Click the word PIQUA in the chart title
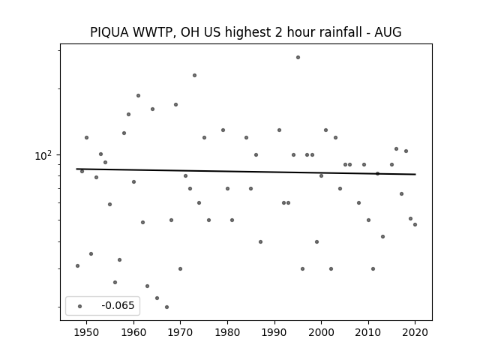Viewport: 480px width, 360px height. [109, 32]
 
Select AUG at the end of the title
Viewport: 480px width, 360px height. [388, 32]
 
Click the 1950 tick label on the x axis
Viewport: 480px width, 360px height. [87, 332]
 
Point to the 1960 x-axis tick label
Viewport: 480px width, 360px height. [133, 332]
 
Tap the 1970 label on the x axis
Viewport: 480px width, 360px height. [180, 332]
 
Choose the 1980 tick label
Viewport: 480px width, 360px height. [227, 332]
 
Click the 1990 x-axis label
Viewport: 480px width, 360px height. [274, 332]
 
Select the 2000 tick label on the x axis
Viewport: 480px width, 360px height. [322, 332]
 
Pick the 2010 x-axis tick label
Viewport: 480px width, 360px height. [368, 332]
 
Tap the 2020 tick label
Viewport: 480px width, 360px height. [415, 332]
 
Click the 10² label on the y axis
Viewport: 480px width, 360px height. [43, 155]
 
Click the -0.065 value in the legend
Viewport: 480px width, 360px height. [118, 305]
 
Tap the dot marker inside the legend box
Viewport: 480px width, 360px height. [80, 306]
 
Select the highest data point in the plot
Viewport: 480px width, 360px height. [298, 58]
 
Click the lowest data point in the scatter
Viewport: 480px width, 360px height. [166, 307]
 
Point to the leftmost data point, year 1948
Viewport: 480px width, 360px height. [77, 265]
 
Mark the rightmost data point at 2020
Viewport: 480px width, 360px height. [415, 225]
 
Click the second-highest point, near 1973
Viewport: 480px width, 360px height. [195, 75]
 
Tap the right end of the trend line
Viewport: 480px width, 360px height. [415, 175]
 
